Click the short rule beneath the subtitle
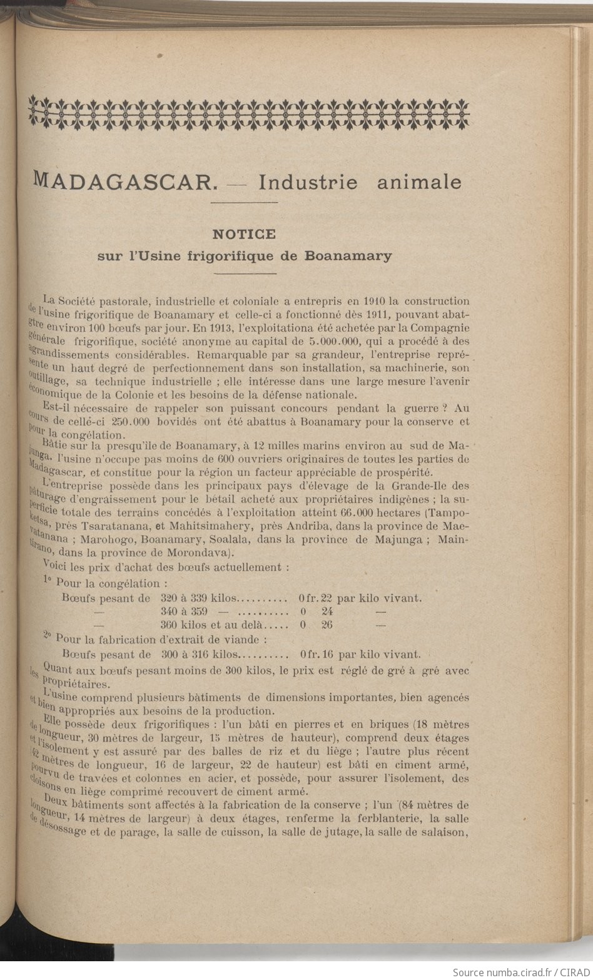tap(244, 273)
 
